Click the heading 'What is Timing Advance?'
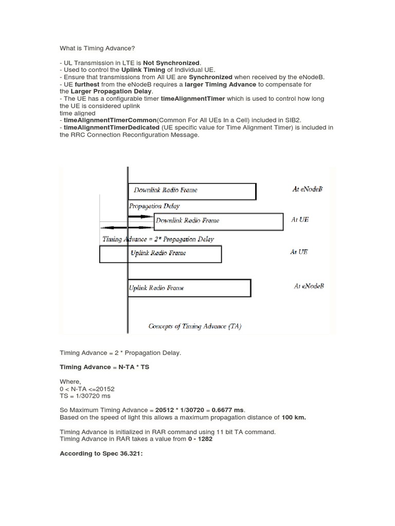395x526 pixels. click(97, 48)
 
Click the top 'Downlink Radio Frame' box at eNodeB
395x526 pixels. click(192, 191)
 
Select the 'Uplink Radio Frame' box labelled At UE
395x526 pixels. click(160, 254)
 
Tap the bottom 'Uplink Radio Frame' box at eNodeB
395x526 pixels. click(189, 288)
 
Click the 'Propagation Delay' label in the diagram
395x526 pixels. click(154, 206)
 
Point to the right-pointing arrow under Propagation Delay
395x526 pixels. click(140, 217)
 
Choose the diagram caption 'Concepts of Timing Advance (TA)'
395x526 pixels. click(195, 326)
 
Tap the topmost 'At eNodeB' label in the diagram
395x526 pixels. click(308, 189)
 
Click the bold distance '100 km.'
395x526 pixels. click(294, 417)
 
